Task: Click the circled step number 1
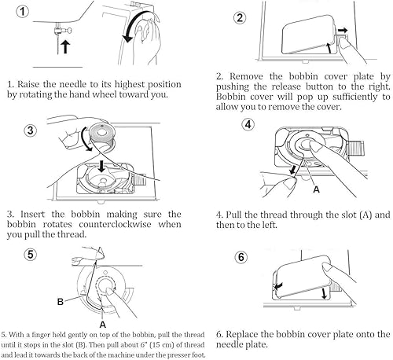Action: [x=23, y=12]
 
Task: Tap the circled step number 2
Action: [x=240, y=18]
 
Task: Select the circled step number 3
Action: [x=31, y=130]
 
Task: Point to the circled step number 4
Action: [x=248, y=124]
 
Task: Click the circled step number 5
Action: [x=31, y=255]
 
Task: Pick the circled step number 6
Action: [x=241, y=257]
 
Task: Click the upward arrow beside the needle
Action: [x=65, y=46]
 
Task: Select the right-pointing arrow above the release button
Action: [x=342, y=30]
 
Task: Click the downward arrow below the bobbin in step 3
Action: [x=101, y=166]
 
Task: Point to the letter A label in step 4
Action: [x=317, y=189]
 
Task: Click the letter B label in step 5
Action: [x=61, y=302]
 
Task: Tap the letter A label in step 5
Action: [x=103, y=325]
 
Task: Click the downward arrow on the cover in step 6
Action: [x=325, y=293]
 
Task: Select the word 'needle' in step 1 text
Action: [x=73, y=84]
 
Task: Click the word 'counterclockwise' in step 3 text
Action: [x=115, y=224]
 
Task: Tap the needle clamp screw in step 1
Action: [x=68, y=31]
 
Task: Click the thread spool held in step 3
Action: [x=101, y=135]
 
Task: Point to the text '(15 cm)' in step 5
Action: [x=163, y=345]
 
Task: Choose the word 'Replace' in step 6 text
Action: [x=242, y=335]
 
